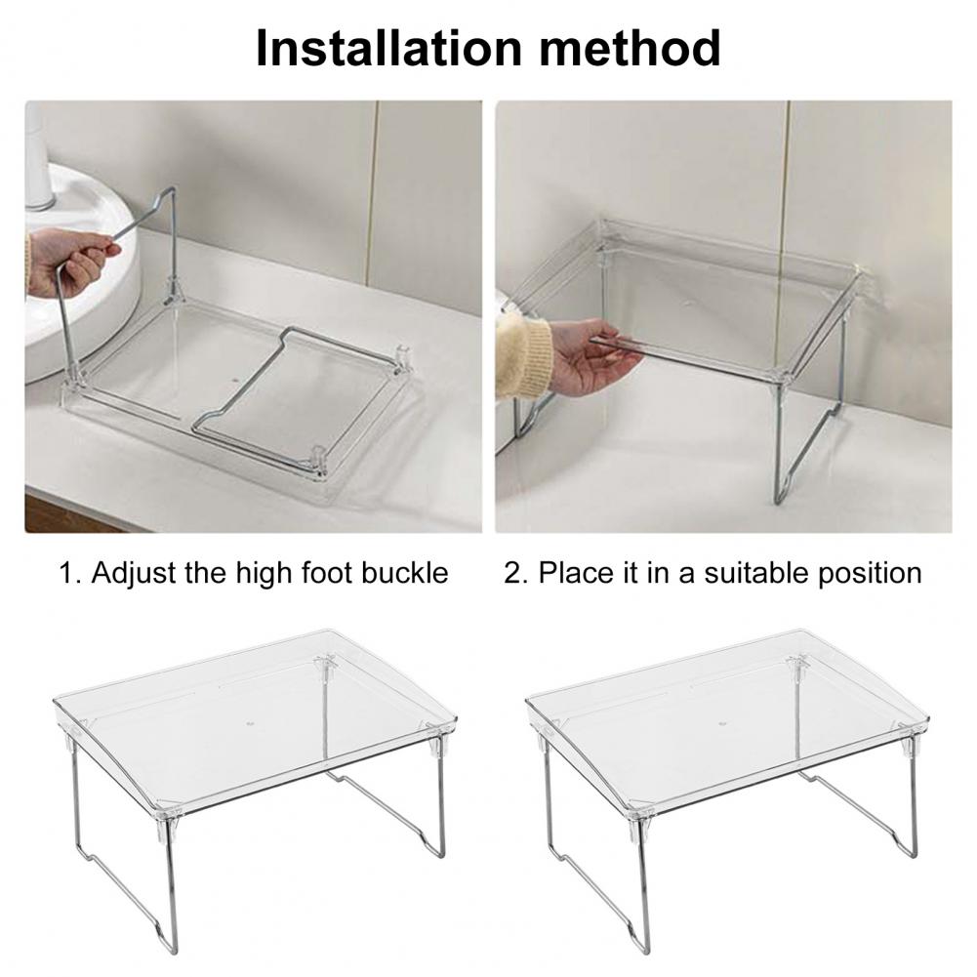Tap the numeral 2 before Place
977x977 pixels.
point(512,573)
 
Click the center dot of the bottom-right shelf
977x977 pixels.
point(723,724)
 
